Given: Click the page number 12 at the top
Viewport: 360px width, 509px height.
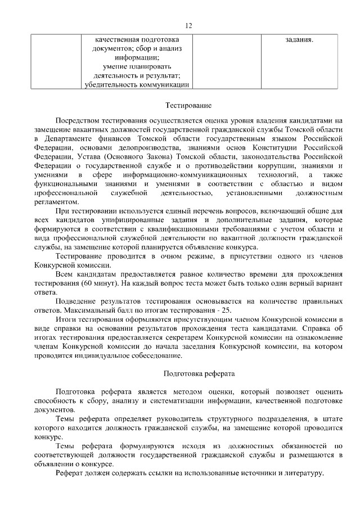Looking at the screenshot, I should click(x=188, y=25).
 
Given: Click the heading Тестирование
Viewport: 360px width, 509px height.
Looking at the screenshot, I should click(x=188, y=105).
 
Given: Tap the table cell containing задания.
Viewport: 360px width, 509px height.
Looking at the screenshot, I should click(x=299, y=40).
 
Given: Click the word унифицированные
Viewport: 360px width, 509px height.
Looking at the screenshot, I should click(x=116, y=220).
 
